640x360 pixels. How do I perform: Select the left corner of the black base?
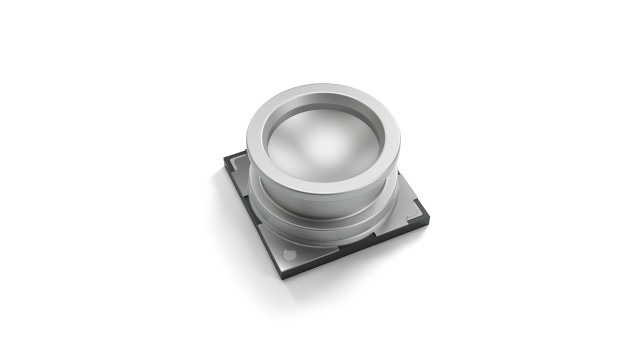[x=223, y=171]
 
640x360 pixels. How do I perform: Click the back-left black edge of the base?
[x=236, y=159]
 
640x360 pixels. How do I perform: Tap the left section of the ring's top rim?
[x=256, y=140]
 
